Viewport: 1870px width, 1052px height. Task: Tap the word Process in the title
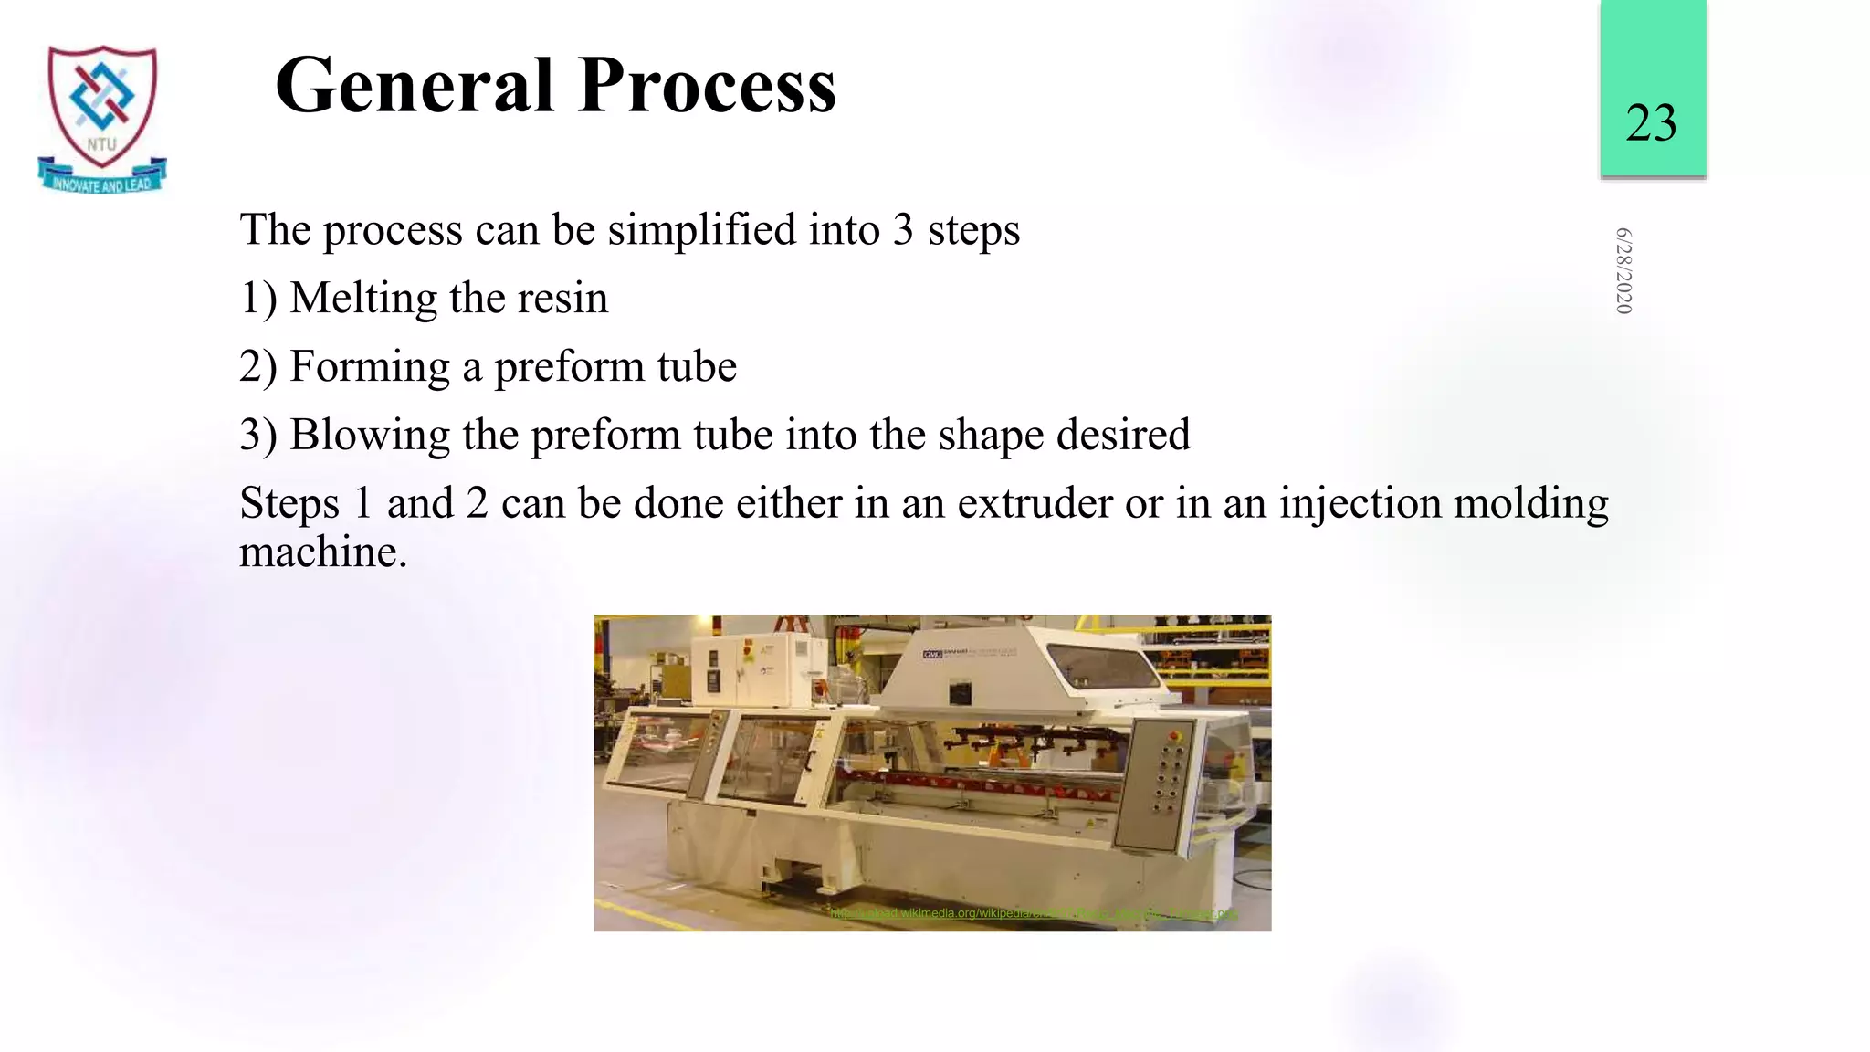coord(707,86)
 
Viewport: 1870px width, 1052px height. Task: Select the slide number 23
coord(1651,122)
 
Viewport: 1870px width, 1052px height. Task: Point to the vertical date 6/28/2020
coord(1623,271)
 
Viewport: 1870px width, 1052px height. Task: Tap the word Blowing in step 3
coord(369,436)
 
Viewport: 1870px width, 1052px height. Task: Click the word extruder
coord(1035,504)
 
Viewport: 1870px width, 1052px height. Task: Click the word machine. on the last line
coord(322,552)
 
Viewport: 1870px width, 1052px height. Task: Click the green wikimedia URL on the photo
coord(1033,913)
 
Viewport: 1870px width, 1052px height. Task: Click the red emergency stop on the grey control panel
coord(1176,733)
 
